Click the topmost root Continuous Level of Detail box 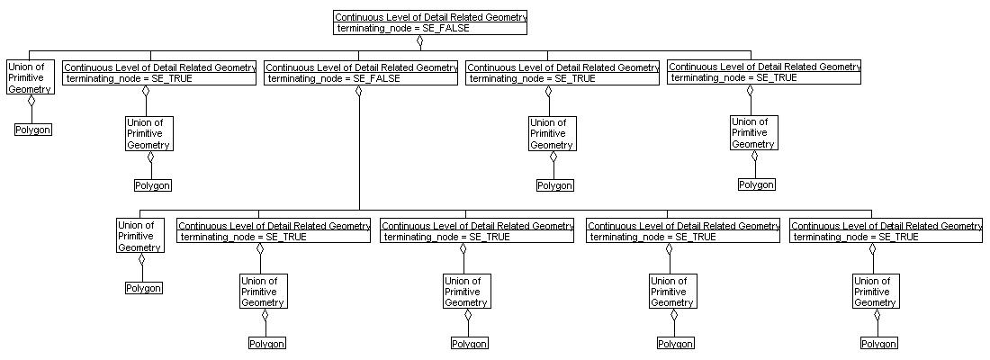[429, 22]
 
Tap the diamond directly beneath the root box [419, 40]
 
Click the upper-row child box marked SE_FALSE [361, 73]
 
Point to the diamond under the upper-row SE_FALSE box [359, 91]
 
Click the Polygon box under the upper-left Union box [33, 130]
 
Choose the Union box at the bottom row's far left [139, 236]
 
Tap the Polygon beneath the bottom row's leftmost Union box [143, 288]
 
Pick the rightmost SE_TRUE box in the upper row [764, 72]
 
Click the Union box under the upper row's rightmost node [753, 133]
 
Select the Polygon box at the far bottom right [878, 344]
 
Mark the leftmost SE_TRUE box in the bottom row [274, 231]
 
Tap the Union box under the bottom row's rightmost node [875, 292]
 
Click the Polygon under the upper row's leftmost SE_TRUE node [152, 185]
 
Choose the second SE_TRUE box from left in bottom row [477, 231]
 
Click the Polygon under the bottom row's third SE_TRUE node [675, 344]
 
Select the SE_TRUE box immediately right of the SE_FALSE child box [562, 73]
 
